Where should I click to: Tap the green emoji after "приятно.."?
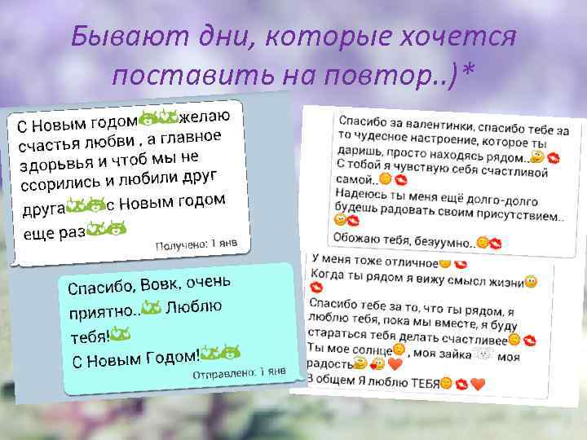click(151, 308)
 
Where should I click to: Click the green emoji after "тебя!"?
click(120, 333)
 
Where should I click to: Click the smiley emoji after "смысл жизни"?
click(531, 282)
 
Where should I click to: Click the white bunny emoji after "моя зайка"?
click(484, 354)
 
